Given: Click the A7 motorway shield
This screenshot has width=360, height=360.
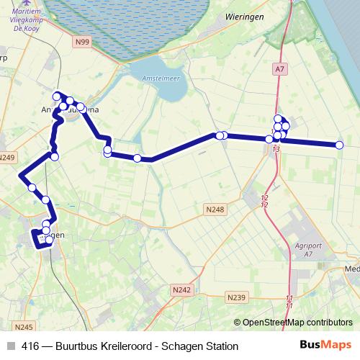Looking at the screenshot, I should [x=279, y=69].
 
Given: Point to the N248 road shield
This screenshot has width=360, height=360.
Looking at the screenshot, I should [x=215, y=210].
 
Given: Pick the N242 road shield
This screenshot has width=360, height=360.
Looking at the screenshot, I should [x=181, y=289].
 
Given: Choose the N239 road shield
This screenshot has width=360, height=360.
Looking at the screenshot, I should [x=235, y=296].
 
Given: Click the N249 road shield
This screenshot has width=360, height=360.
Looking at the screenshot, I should [x=7, y=158].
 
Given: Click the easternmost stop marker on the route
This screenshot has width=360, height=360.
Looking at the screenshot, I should [x=339, y=145].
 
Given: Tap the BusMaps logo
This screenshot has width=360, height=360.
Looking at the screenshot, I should [x=325, y=346].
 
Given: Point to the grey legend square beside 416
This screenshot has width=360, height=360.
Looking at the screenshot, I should [x=10, y=346].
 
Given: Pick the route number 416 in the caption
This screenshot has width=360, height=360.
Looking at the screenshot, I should [x=30, y=346].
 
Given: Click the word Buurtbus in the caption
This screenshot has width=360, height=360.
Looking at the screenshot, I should [x=78, y=346].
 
